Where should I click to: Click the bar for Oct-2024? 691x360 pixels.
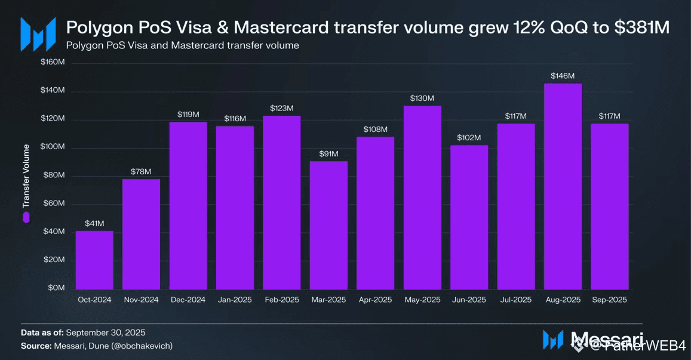pyautogui.click(x=94, y=259)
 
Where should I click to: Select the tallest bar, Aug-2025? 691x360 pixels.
pyautogui.click(x=563, y=186)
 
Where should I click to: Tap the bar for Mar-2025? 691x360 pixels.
pyautogui.click(x=328, y=224)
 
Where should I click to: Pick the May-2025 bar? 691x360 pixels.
pyautogui.click(x=422, y=196)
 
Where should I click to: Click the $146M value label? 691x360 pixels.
pyautogui.click(x=563, y=76)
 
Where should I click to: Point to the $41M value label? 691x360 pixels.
pyautogui.click(x=94, y=224)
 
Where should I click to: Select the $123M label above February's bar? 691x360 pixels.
pyautogui.click(x=282, y=108)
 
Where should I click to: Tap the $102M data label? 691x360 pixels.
pyautogui.click(x=469, y=138)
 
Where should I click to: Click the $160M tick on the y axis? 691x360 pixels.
pyautogui.click(x=53, y=63)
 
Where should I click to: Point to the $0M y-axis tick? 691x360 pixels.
pyautogui.click(x=56, y=288)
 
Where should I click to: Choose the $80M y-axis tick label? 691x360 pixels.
pyautogui.click(x=54, y=176)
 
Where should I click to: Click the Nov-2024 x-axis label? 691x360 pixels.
pyautogui.click(x=141, y=300)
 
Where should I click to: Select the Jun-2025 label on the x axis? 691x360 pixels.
pyautogui.click(x=469, y=300)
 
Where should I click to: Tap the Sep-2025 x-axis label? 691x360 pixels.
pyautogui.click(x=609, y=300)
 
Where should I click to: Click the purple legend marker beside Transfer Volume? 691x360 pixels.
pyautogui.click(x=26, y=218)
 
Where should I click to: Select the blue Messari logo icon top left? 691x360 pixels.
pyautogui.click(x=38, y=34)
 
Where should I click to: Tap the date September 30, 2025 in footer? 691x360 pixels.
pyautogui.click(x=106, y=333)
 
